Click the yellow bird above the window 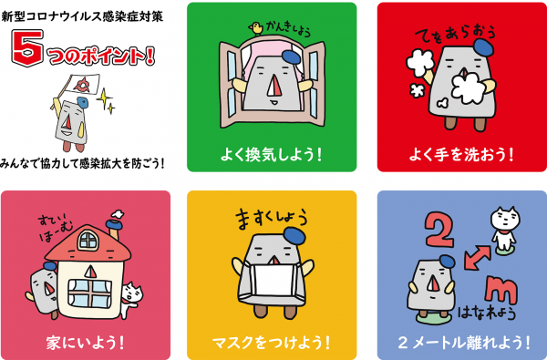point(256,28)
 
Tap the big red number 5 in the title point(27,47)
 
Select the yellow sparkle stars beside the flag point(106,100)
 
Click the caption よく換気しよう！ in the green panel point(271,155)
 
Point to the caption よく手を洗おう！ point(461,155)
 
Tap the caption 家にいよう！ point(86,343)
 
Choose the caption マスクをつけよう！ point(272,343)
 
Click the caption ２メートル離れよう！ point(464,343)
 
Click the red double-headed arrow point(477,257)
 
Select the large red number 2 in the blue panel point(439,231)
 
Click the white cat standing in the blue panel point(504,229)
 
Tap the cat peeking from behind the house point(131,299)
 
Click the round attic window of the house point(88,240)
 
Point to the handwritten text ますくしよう point(272,219)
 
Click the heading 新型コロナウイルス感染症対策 point(82,16)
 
